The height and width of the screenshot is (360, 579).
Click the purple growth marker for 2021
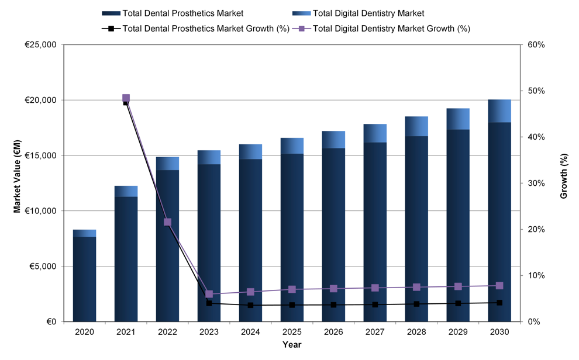click(126, 98)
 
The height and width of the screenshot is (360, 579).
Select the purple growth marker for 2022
click(167, 222)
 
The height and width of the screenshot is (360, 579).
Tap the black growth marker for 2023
click(209, 303)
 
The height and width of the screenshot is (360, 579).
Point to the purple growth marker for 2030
click(499, 285)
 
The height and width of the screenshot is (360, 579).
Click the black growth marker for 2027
click(375, 304)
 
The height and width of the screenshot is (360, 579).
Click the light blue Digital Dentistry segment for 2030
click(499, 111)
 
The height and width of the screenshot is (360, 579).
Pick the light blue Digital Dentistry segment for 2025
click(292, 146)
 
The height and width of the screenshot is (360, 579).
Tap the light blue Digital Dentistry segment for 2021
click(126, 191)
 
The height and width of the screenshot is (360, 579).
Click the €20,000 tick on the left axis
click(40, 101)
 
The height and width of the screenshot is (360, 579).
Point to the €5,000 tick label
click(42, 266)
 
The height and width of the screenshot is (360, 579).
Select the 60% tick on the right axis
click(536, 45)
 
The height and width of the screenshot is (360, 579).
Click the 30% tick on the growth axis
click(536, 184)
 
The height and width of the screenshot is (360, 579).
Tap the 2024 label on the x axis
click(250, 331)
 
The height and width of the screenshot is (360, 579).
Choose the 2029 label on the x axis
click(458, 331)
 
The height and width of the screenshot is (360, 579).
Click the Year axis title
click(292, 345)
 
